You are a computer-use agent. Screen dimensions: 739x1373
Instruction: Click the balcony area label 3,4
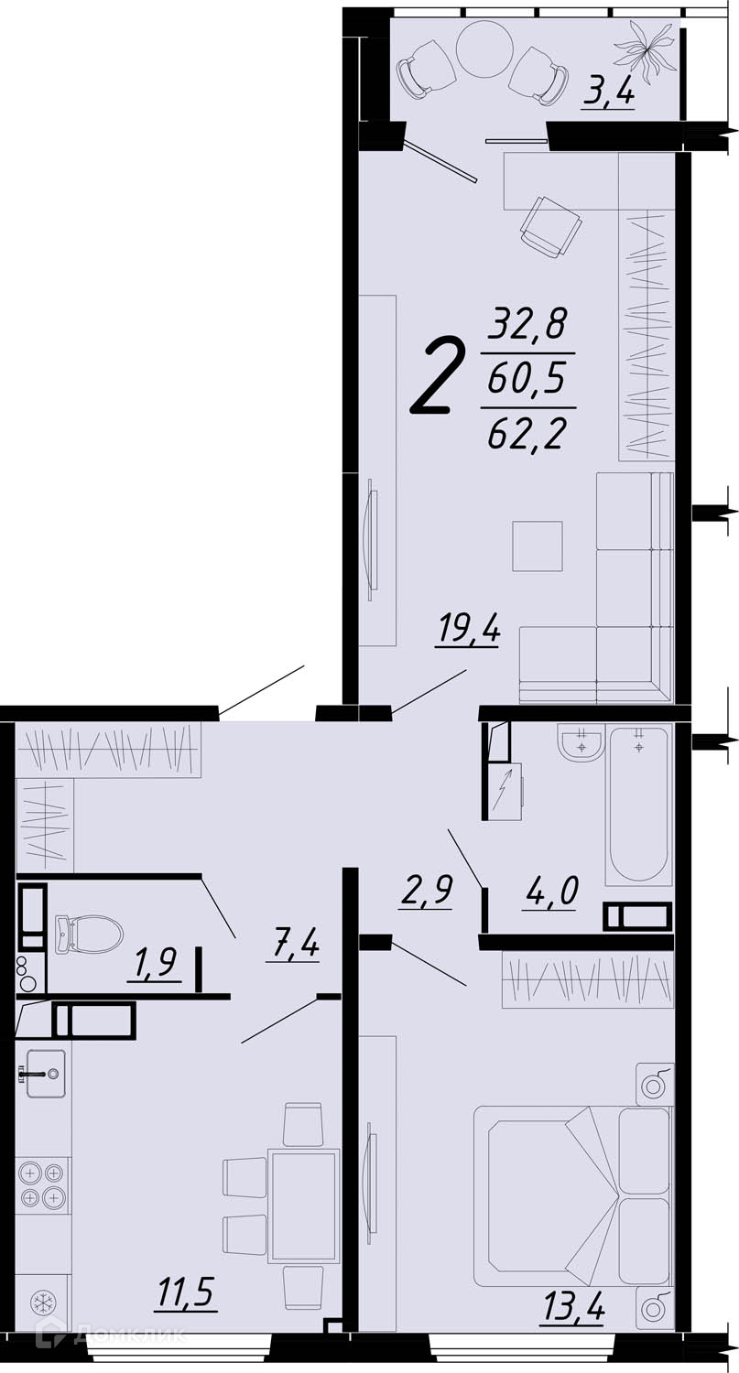[x=608, y=96]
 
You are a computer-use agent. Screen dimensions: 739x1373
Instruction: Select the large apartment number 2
[x=438, y=376]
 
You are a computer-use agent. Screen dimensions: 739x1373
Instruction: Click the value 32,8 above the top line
[x=527, y=325]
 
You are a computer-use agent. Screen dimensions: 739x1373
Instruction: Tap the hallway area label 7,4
[x=294, y=946]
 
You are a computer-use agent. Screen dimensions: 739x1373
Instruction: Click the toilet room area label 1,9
[x=153, y=966]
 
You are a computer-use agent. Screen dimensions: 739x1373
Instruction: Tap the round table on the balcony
[x=484, y=49]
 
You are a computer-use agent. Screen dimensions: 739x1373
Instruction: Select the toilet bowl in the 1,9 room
[x=89, y=934]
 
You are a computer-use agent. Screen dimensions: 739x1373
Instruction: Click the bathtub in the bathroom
[x=638, y=805]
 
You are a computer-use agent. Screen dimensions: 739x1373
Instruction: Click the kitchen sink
[x=44, y=1072]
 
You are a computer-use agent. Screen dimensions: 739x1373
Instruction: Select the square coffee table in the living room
[x=538, y=546]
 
